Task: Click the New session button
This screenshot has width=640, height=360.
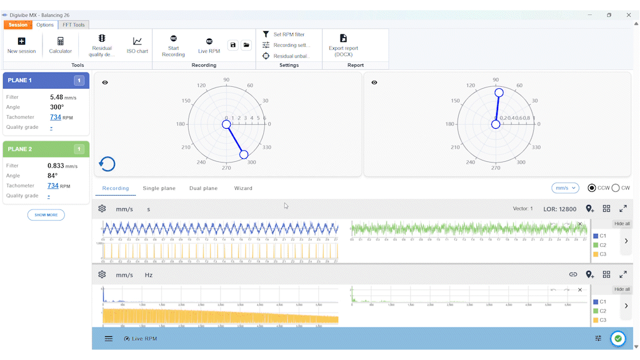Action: coord(21,45)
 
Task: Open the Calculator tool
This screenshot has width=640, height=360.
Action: coord(61,45)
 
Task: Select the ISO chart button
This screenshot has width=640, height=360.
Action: coord(137,45)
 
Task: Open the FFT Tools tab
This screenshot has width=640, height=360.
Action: coord(74,25)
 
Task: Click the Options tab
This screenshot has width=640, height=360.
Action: coord(45,25)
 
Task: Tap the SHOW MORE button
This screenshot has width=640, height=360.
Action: coord(46,215)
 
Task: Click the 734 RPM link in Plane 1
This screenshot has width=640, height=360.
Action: coord(55,117)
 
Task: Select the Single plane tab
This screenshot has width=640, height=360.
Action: coord(159,188)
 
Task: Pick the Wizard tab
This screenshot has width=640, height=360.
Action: coord(243,188)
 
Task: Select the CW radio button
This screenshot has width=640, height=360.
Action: coord(616,188)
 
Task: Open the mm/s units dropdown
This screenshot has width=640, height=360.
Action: coord(565,188)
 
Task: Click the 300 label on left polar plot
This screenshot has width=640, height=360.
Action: coord(251,162)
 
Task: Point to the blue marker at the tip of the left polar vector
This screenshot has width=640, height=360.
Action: coord(244,154)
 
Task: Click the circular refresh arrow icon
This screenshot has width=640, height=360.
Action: coord(107,164)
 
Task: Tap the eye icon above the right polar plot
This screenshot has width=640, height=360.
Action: coord(374,82)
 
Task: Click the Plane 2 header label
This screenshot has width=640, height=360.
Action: coord(20,149)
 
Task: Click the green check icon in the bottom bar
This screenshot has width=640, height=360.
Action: coord(618,338)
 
